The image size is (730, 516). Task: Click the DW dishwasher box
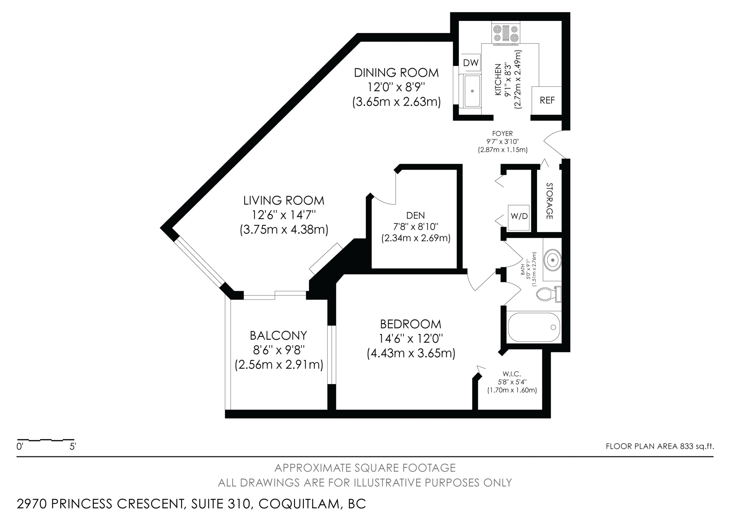471,62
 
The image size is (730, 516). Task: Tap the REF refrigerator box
547,101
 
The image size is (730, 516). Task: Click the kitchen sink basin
472,91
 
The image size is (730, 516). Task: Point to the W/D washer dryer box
519,217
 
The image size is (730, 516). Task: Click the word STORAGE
549,201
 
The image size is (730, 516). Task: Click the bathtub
534,327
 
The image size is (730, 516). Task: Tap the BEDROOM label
411,324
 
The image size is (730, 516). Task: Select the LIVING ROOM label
284,201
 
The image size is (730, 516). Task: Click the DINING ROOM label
396,73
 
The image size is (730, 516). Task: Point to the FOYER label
502,134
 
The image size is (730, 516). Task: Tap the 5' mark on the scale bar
73,447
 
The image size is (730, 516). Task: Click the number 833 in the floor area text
686,446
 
